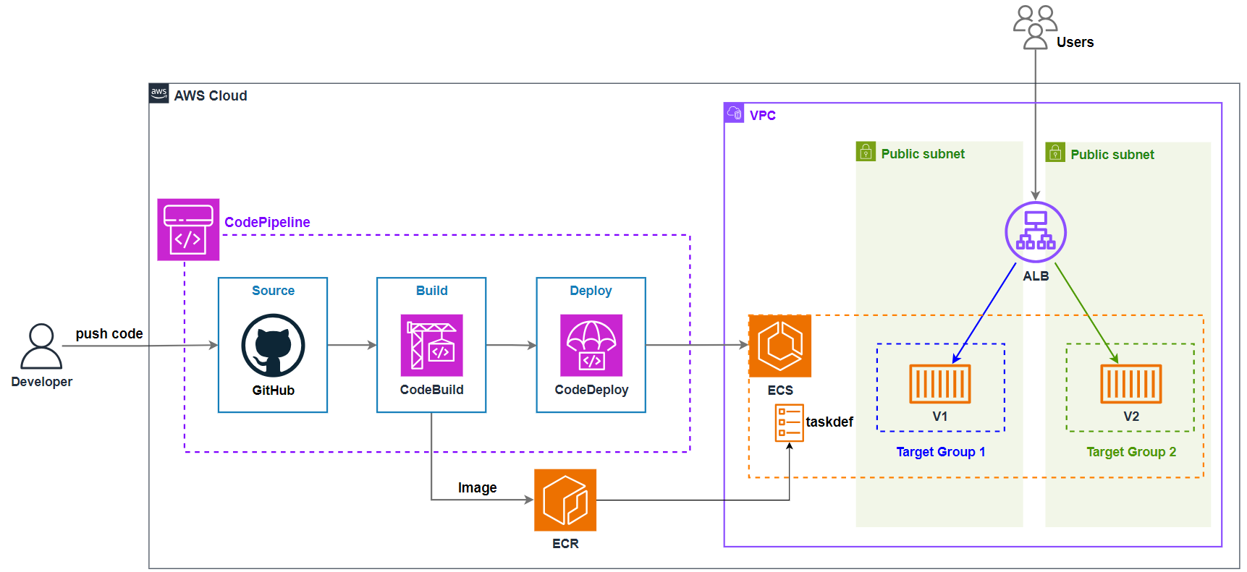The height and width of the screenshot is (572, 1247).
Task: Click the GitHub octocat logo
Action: tap(273, 345)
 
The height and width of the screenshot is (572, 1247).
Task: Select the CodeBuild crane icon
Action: tap(431, 345)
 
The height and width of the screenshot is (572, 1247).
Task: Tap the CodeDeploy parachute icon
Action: tap(591, 345)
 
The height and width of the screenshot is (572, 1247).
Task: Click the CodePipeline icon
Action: tap(188, 229)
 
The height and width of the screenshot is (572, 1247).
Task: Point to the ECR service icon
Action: tap(565, 500)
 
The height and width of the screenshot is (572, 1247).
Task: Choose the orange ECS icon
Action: tap(779, 346)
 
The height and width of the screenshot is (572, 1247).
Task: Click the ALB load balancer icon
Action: tap(1035, 232)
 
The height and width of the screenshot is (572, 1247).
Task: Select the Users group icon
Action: tap(1035, 27)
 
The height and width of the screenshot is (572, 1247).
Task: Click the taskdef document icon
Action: tap(789, 422)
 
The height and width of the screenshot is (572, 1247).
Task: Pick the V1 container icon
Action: tap(939, 383)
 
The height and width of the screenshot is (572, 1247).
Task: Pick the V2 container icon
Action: tap(1130, 383)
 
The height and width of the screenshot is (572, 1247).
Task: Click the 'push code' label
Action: tap(109, 333)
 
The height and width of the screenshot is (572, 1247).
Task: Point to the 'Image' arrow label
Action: tap(477, 487)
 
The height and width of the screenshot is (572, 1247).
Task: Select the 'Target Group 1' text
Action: tap(940, 452)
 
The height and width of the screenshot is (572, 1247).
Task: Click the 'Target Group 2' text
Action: tap(1130, 452)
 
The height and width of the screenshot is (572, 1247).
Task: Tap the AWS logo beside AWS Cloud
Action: tap(158, 93)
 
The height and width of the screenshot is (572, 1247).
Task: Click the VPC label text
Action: tap(762, 115)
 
